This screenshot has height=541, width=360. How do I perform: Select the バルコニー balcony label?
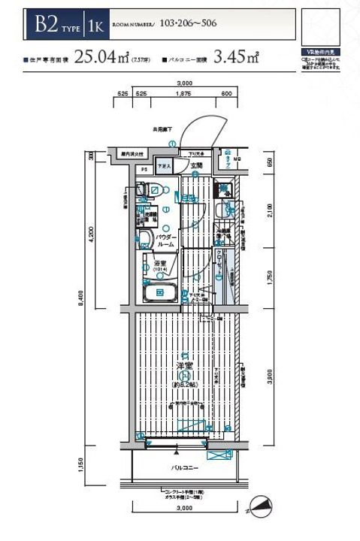click(x=184, y=467)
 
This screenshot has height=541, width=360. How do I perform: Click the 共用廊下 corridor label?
click(x=164, y=129)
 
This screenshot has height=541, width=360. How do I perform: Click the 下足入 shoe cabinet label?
click(x=164, y=166)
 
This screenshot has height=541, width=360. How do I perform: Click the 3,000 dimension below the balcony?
click(x=183, y=509)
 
